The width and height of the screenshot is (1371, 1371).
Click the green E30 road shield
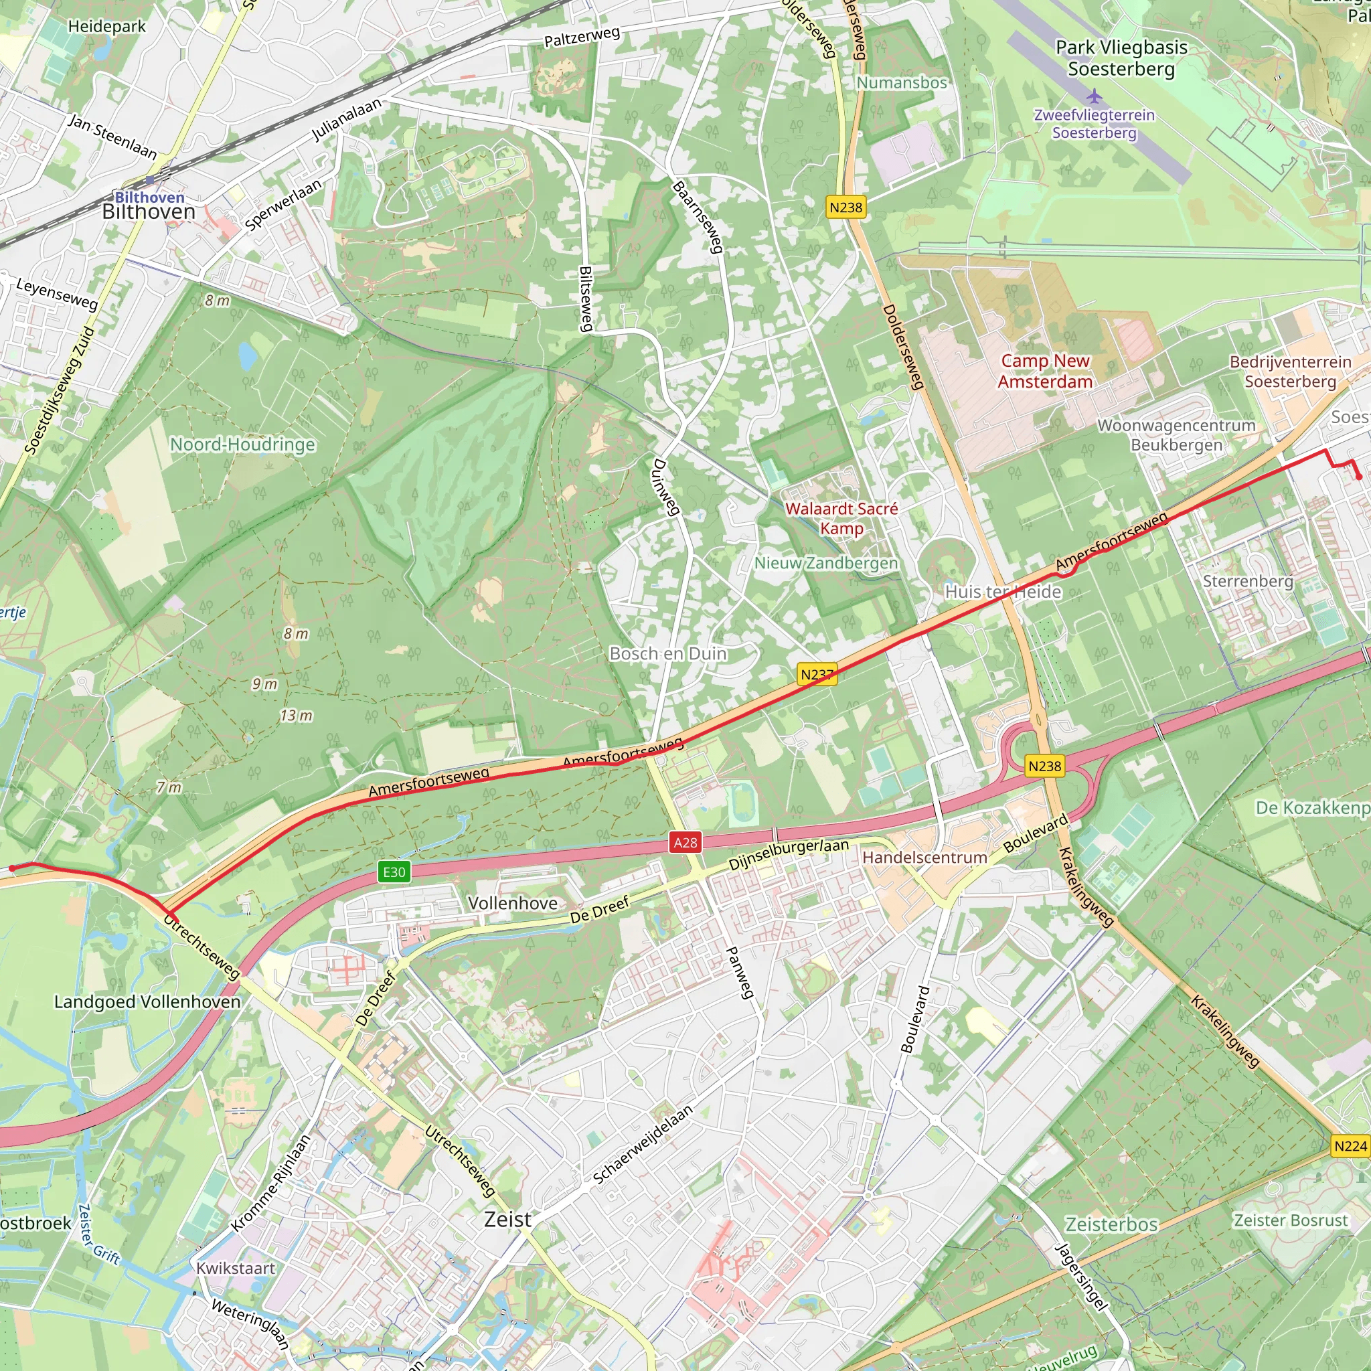[394, 872]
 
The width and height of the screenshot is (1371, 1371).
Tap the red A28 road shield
[685, 842]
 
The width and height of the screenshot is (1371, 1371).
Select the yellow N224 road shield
[1350, 1146]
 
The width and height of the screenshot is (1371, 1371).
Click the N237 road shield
[817, 674]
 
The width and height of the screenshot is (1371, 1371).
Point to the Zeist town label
[507, 1220]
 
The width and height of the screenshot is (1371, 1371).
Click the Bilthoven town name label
[149, 212]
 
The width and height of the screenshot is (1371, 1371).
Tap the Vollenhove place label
[512, 902]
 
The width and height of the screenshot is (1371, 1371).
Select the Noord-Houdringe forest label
[243, 445]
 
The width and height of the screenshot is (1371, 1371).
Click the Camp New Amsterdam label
[1044, 371]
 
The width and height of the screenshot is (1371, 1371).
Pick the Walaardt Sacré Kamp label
[841, 518]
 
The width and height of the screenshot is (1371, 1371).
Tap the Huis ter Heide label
[1003, 592]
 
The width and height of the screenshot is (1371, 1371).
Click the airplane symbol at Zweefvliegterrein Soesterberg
[1095, 95]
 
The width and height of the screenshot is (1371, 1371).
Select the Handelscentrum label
[924, 858]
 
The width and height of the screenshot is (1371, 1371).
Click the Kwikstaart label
[236, 1268]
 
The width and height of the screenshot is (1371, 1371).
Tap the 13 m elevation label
[296, 716]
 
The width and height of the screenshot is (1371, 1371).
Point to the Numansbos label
[901, 83]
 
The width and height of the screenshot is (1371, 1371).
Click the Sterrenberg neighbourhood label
[1248, 581]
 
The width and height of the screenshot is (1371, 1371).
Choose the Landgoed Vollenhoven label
[147, 1001]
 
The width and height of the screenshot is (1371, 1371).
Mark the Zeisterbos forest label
[1111, 1224]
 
